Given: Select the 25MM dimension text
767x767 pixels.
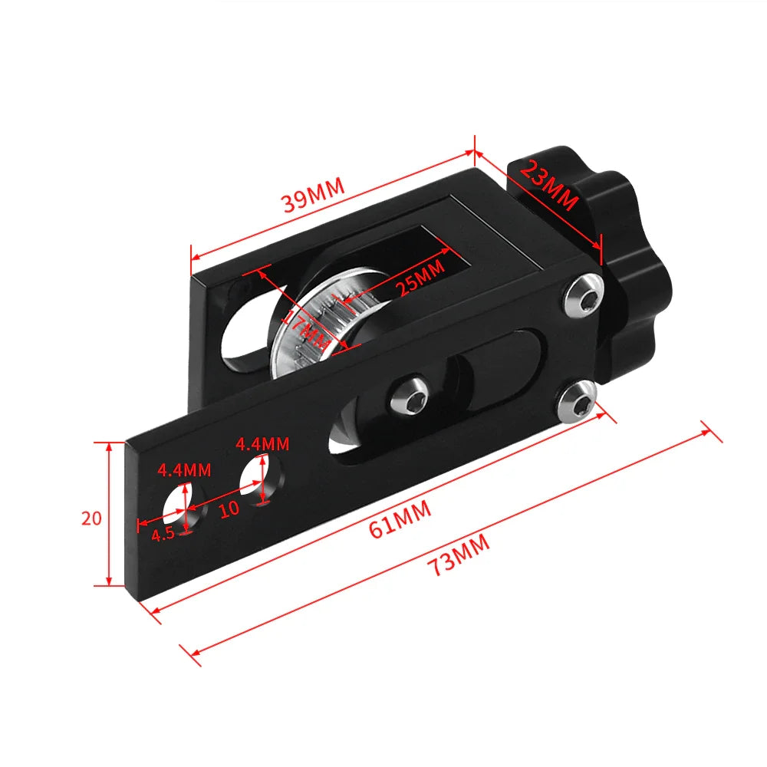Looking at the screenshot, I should click(x=420, y=278).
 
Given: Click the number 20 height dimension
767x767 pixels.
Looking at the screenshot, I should click(x=91, y=518).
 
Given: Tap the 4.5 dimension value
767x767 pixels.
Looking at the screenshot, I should click(x=163, y=535).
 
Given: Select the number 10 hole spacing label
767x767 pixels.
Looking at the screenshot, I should click(x=229, y=509).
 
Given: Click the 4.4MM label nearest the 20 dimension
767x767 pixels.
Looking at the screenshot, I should click(x=184, y=469).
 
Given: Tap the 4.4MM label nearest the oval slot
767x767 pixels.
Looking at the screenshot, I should click(x=262, y=443).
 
